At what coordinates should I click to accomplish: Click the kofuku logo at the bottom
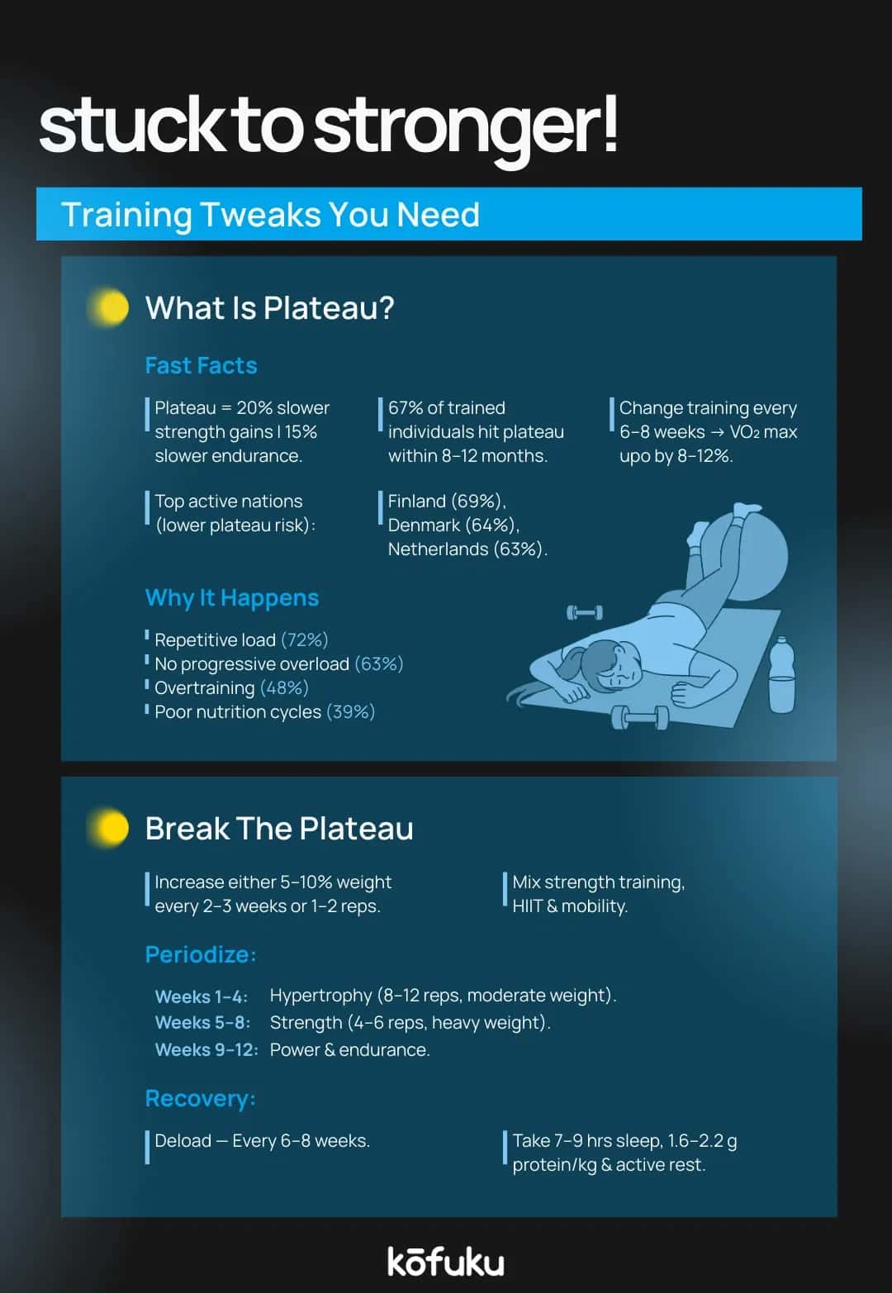point(446,1261)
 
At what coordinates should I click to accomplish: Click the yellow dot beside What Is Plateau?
point(111,307)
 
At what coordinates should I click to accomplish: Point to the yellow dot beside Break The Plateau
point(111,828)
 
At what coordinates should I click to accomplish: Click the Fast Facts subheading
point(201,365)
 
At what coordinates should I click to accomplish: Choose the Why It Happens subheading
point(231,597)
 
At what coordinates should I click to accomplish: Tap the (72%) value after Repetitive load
point(304,639)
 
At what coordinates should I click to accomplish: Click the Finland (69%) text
point(446,501)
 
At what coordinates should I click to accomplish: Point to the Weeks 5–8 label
point(202,1022)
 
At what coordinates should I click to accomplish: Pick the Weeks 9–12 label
point(206,1049)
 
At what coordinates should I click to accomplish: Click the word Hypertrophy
point(320,995)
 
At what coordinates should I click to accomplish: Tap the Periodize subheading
point(200,954)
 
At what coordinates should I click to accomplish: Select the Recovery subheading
point(200,1098)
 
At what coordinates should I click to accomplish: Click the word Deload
point(183,1140)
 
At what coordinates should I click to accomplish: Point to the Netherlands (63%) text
point(467,549)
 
